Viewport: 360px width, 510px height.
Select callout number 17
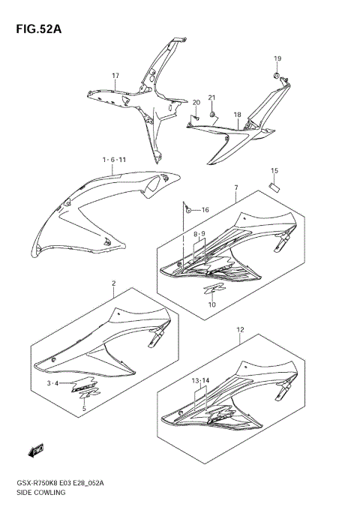(116, 76)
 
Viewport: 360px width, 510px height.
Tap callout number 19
(277, 58)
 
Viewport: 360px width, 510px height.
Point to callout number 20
(196, 103)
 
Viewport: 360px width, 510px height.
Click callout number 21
(211, 98)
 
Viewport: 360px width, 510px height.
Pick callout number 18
(237, 115)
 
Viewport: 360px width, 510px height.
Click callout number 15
(274, 170)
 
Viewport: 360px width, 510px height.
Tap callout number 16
(204, 209)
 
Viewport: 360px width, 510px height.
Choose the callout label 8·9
(199, 234)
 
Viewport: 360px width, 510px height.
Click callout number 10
(211, 304)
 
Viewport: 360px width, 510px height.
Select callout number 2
(113, 283)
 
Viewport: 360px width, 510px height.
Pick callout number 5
(84, 409)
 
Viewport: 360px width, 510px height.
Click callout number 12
(240, 329)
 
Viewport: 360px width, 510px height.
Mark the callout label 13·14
(200, 381)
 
